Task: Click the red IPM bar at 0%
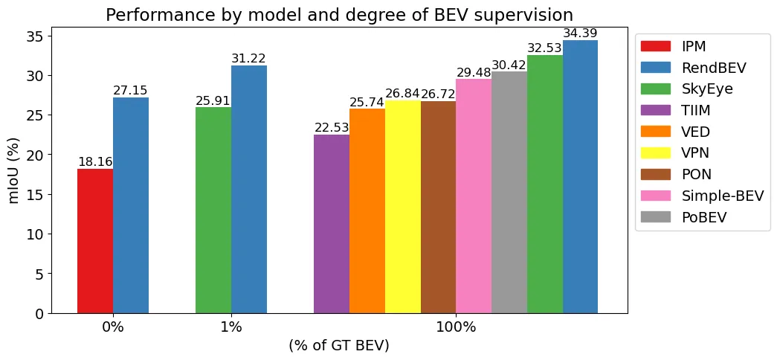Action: pyautogui.click(x=95, y=241)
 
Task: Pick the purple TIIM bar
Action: pyautogui.click(x=332, y=224)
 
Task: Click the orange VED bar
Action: pyautogui.click(x=367, y=211)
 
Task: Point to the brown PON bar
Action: pyautogui.click(x=438, y=208)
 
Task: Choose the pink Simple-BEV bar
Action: pyautogui.click(x=474, y=196)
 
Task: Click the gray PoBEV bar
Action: pyautogui.click(x=509, y=193)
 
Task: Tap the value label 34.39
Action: pyautogui.click(x=580, y=33)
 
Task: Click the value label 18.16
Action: pyautogui.click(x=95, y=162)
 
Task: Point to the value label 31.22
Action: pyautogui.click(x=248, y=59)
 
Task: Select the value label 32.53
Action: pyautogui.click(x=545, y=48)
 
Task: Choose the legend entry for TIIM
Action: pyautogui.click(x=696, y=110)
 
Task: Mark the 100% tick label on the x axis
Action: pyautogui.click(x=456, y=327)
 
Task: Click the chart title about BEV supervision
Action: pyautogui.click(x=339, y=15)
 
